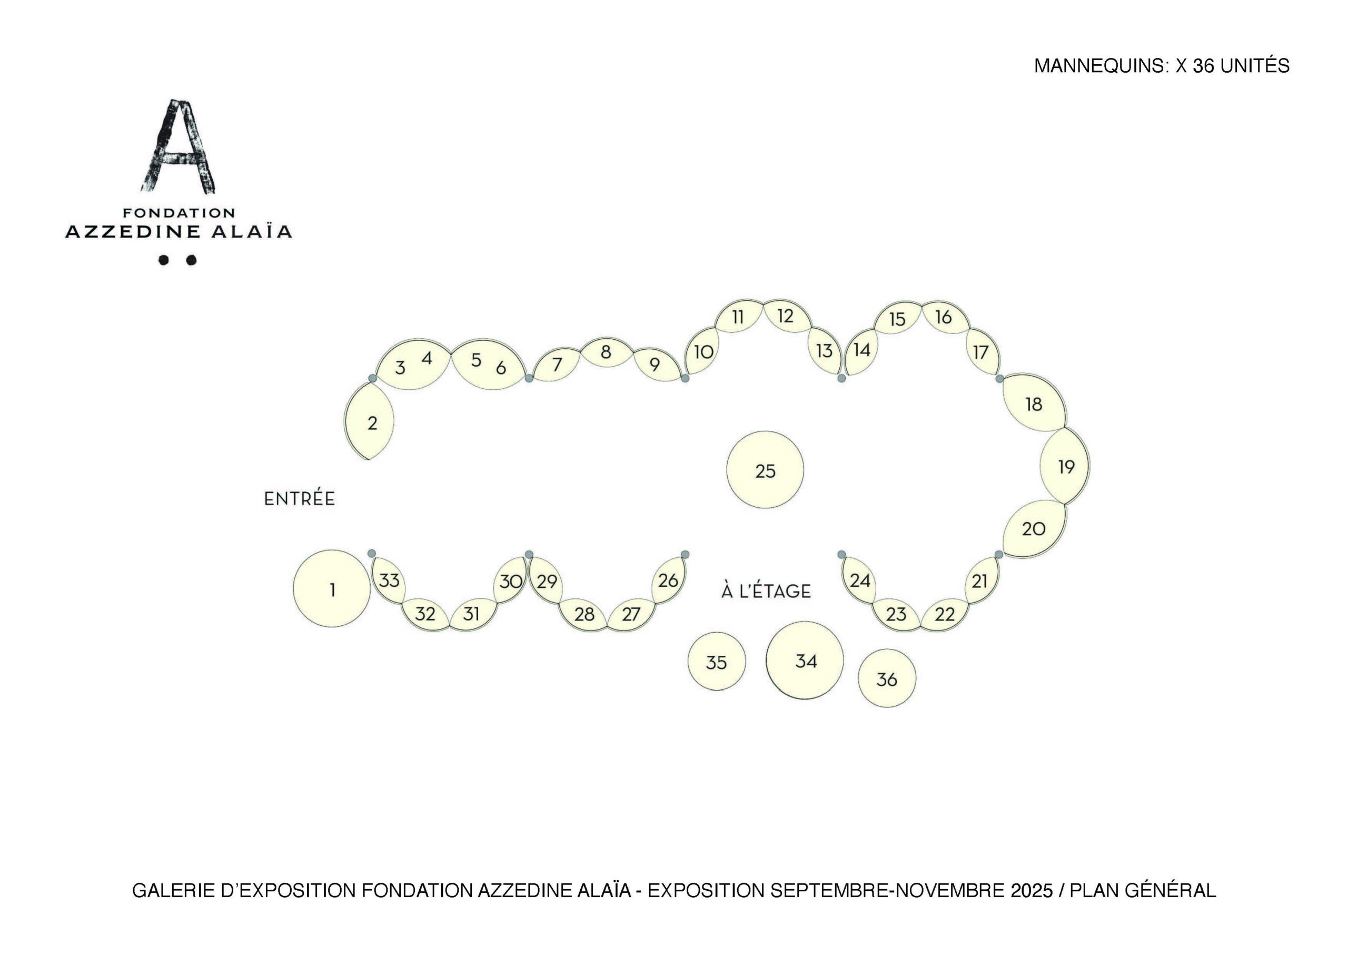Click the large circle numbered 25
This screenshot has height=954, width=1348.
pos(765,470)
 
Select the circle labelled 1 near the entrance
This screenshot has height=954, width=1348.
pos(332,588)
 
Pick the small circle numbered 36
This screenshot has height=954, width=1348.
pos(887,678)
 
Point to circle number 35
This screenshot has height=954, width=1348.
pos(716,662)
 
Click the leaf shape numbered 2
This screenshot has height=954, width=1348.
pos(369,420)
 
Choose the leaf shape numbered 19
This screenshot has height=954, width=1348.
pos(1065,466)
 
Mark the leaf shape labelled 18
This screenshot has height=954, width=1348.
pos(1034,403)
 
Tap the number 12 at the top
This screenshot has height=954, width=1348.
pos(785,316)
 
